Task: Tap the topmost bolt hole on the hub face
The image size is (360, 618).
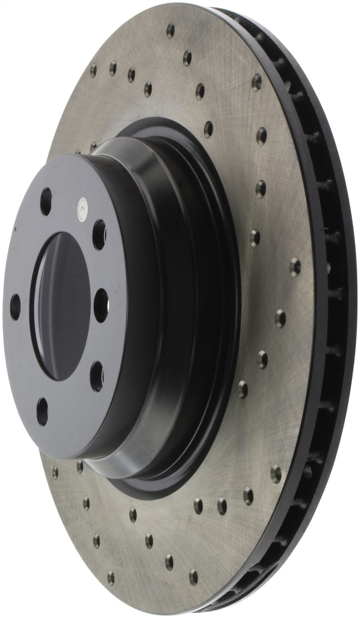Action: [x=46, y=201]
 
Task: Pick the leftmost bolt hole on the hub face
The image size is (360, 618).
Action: [x=15, y=307]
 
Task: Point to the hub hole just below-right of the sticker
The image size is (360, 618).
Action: [x=99, y=234]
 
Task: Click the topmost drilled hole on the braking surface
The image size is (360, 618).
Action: [x=171, y=30]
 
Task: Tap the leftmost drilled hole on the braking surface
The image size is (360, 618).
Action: [x=55, y=472]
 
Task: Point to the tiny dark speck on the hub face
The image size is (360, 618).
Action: [x=15, y=228]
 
